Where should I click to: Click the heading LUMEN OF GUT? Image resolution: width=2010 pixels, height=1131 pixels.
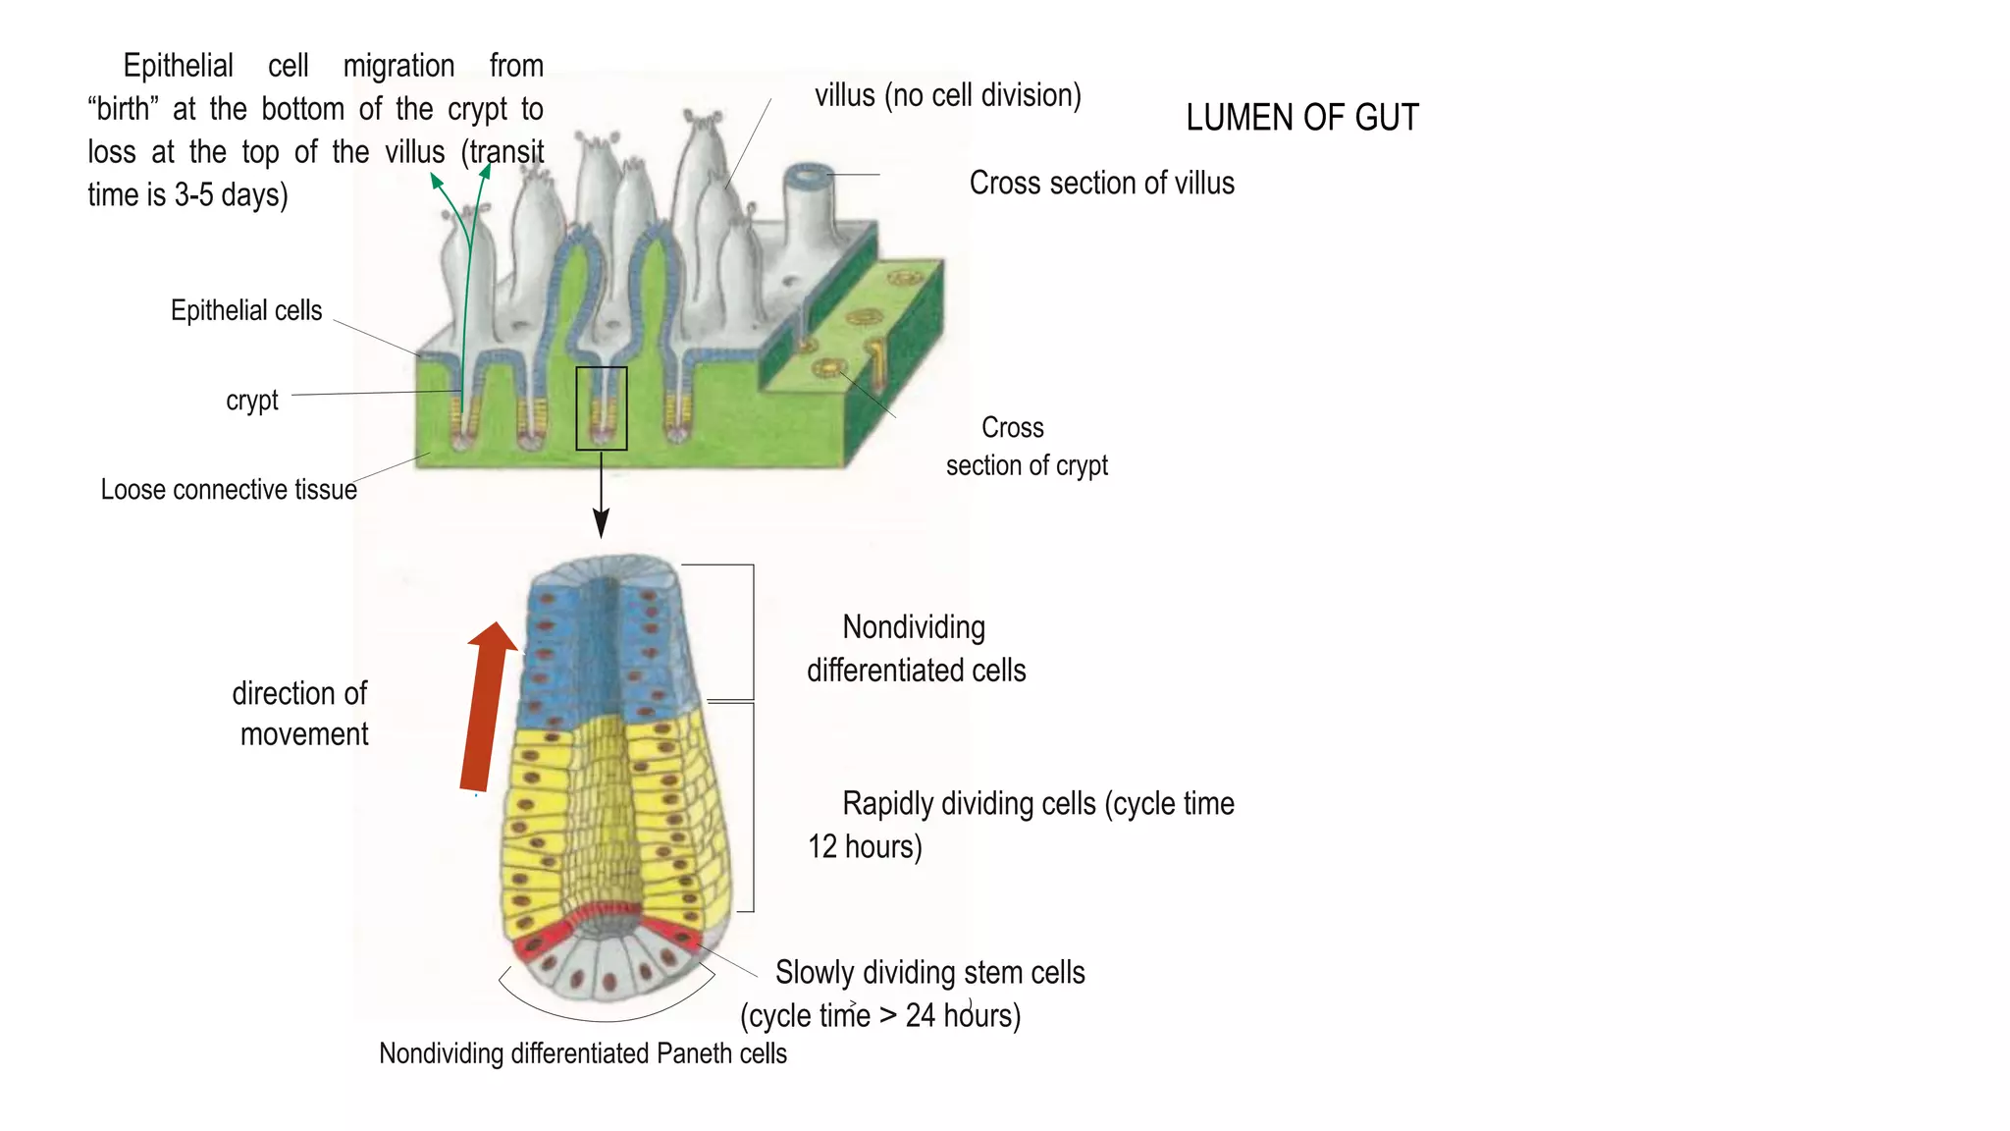1302,118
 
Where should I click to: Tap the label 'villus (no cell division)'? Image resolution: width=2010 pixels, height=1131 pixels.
948,95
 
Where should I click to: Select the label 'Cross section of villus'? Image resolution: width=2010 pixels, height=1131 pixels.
1102,183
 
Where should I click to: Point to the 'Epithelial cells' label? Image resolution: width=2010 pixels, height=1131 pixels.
246,310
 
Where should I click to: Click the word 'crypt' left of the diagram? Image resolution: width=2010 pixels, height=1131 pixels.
252,401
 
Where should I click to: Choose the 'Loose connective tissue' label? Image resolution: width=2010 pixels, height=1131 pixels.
229,489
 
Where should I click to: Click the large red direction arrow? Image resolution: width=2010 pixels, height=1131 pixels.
488,706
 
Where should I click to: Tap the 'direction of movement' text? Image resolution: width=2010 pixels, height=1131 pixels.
300,714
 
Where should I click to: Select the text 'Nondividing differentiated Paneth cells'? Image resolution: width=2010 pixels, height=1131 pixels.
583,1053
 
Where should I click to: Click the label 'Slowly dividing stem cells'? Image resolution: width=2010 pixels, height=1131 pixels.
930,972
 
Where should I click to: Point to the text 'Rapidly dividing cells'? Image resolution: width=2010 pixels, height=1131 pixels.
970,803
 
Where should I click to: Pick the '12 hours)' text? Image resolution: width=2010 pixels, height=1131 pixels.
865,846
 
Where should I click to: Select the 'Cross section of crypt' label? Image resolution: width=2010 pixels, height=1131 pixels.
1027,447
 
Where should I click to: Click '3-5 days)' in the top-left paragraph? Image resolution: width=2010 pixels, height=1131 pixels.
232,194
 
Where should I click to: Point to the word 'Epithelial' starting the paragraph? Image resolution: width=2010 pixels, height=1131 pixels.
178,66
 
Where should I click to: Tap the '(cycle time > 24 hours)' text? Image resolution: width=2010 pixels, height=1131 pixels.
880,1015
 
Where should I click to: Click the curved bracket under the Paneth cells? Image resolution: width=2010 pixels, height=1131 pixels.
607,1019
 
